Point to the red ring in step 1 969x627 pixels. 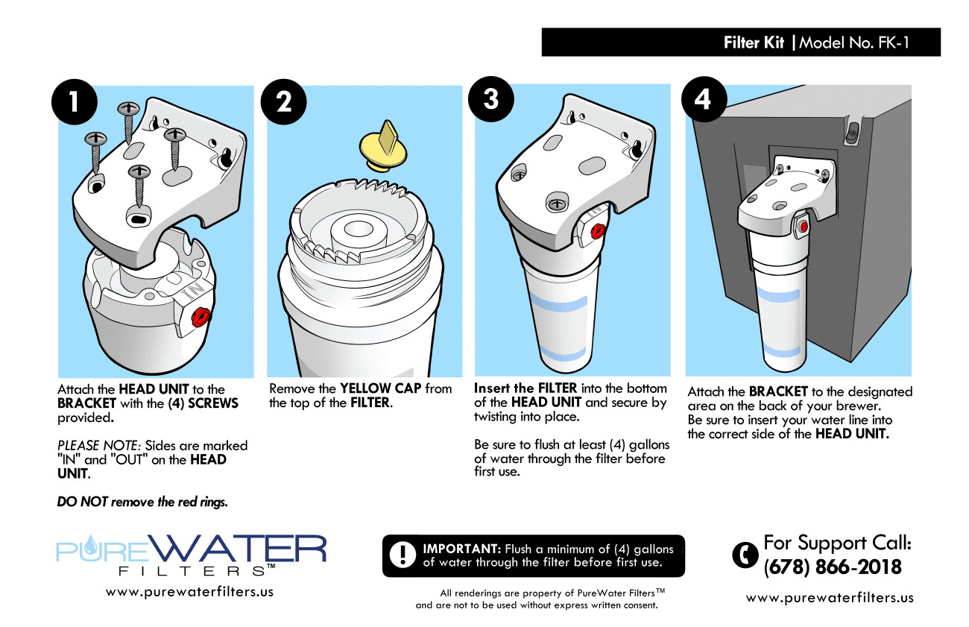[199, 318]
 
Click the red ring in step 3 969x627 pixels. [597, 232]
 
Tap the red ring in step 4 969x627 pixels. [804, 227]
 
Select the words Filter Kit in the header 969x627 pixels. [754, 42]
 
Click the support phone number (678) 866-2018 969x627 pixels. [833, 567]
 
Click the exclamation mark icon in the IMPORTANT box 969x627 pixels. [403, 554]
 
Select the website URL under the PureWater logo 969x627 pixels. [189, 592]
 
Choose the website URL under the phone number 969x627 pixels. [830, 598]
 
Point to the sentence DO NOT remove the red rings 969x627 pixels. [142, 502]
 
